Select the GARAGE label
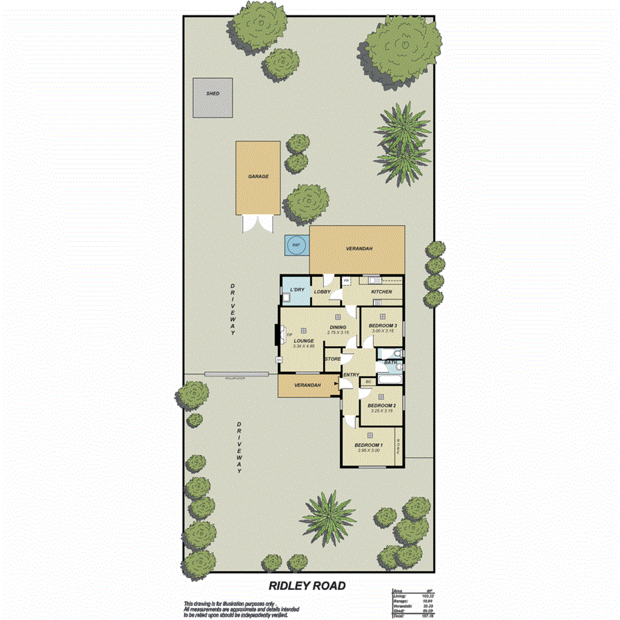(258, 177)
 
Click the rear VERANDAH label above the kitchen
(359, 249)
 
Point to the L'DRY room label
(296, 290)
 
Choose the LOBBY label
(322, 292)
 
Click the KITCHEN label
(381, 292)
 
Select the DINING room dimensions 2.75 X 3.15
(338, 333)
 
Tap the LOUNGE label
(303, 341)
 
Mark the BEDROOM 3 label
(382, 325)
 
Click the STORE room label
(333, 359)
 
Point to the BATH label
(391, 363)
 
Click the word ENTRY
(350, 375)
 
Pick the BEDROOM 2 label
(382, 406)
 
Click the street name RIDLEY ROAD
(307, 586)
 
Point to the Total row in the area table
(409, 617)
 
